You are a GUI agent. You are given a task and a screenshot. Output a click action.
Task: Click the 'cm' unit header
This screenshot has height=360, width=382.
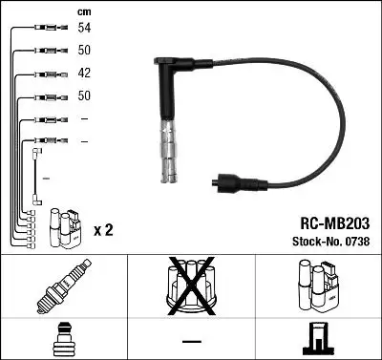(83, 11)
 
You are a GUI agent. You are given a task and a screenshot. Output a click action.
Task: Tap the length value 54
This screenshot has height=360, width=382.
(85, 30)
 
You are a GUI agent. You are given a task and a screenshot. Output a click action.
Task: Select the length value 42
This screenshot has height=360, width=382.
(85, 74)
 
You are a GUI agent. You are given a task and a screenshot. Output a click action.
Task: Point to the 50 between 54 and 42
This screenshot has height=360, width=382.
(85, 51)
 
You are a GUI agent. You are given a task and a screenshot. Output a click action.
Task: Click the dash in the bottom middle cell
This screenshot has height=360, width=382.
(191, 340)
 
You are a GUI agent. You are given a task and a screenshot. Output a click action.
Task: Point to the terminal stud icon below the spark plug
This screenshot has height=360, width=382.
(62, 338)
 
